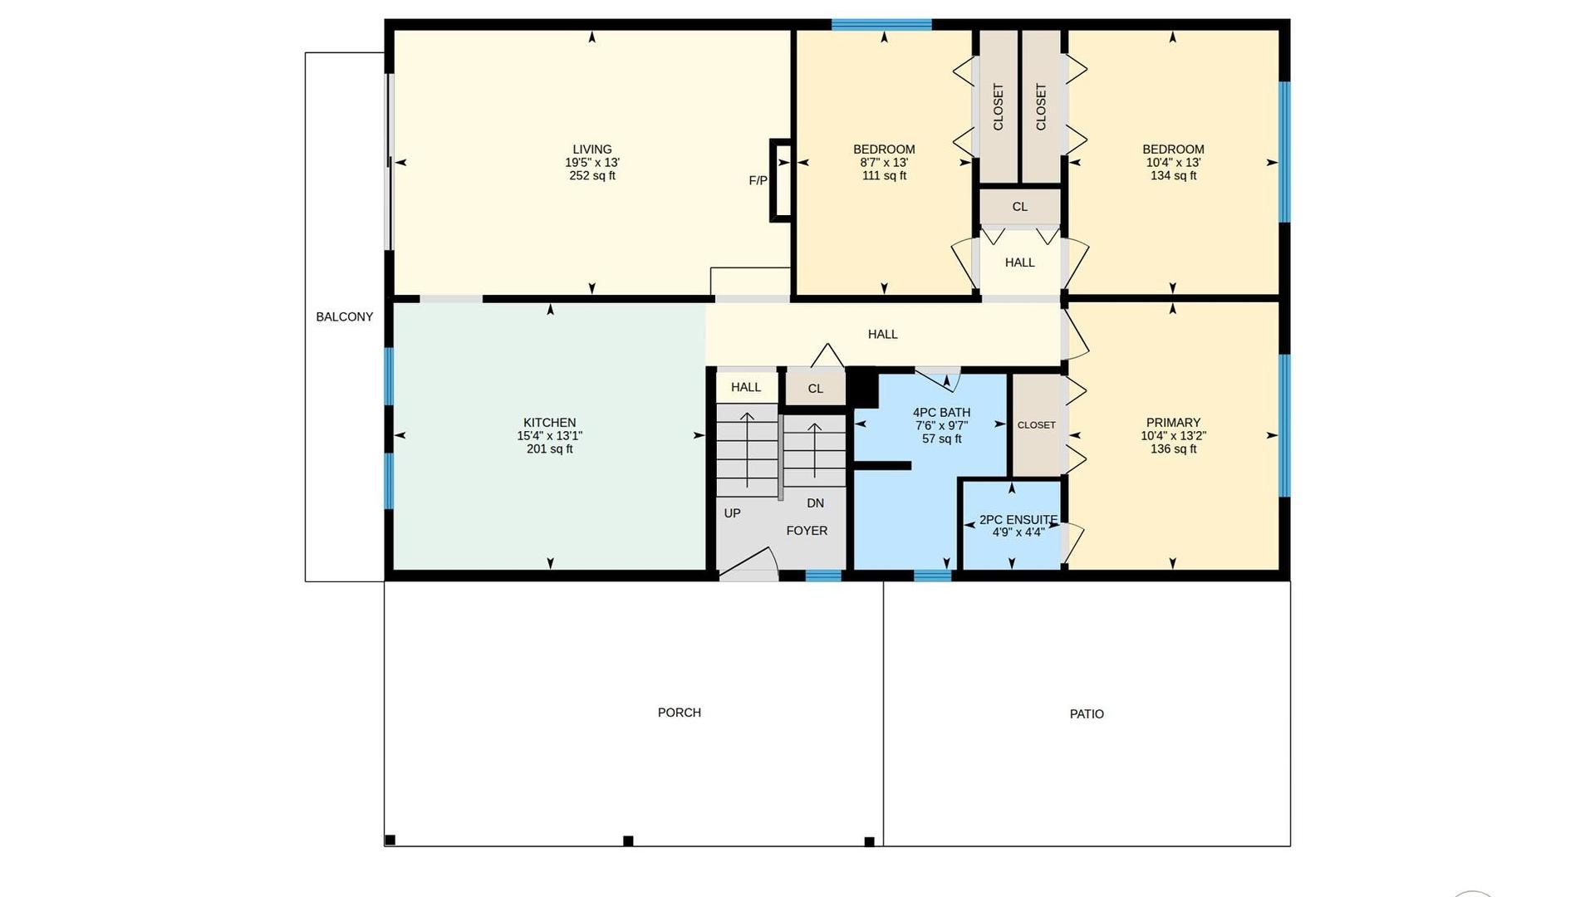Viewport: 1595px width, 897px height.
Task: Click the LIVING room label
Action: click(591, 149)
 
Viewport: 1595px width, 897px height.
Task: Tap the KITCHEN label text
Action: click(549, 423)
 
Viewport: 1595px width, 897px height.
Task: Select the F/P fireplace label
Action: click(758, 180)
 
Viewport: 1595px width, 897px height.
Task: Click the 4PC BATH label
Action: click(941, 413)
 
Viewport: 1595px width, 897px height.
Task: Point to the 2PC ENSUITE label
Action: click(1018, 520)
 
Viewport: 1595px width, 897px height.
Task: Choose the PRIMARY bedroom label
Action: click(1173, 423)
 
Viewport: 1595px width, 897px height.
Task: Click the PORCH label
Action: click(679, 713)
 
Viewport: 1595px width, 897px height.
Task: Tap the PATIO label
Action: click(1087, 714)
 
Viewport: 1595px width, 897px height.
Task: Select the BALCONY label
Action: click(344, 316)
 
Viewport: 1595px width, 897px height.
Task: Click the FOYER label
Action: click(807, 531)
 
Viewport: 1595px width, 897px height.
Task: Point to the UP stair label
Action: click(732, 513)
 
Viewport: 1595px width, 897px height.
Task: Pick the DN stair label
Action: click(815, 503)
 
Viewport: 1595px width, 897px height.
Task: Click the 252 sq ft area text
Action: click(591, 176)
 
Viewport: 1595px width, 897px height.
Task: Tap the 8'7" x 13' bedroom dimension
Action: click(884, 163)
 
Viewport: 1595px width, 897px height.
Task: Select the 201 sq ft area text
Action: click(549, 449)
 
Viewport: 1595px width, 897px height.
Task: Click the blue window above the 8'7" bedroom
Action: click(881, 24)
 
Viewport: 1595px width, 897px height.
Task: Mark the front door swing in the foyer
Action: click(750, 562)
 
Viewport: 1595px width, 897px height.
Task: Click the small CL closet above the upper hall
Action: click(1020, 207)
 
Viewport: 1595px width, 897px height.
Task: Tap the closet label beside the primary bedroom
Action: click(1036, 425)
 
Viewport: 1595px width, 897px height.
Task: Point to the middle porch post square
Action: click(628, 841)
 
